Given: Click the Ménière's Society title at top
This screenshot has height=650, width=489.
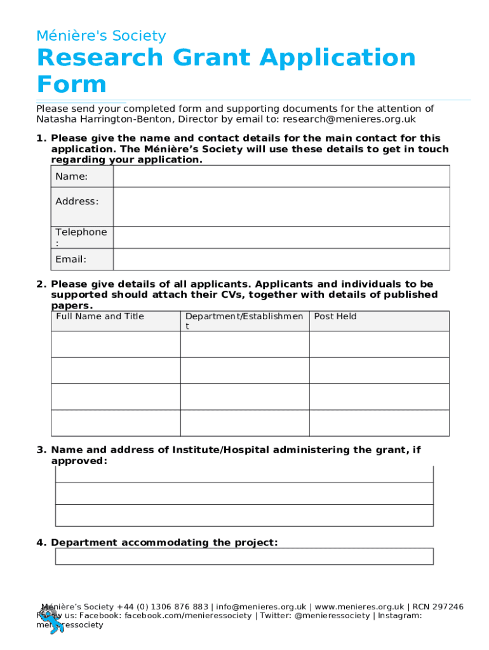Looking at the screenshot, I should coord(101,36).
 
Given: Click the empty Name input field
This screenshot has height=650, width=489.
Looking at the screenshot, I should coord(281,176).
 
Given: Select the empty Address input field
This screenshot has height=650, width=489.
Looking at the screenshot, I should coord(281,207).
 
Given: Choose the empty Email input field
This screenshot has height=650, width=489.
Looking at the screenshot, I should coord(281,260).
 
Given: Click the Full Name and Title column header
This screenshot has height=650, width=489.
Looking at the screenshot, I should coord(100,317).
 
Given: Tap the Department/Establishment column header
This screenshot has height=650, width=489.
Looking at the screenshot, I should coord(244,321).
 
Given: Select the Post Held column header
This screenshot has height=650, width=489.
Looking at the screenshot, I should coord(335,317).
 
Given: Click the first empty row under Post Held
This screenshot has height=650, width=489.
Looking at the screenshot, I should coord(379,344).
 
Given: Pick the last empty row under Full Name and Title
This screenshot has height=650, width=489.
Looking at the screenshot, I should coord(116,423).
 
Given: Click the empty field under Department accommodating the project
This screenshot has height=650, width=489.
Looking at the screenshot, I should coord(244,557).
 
